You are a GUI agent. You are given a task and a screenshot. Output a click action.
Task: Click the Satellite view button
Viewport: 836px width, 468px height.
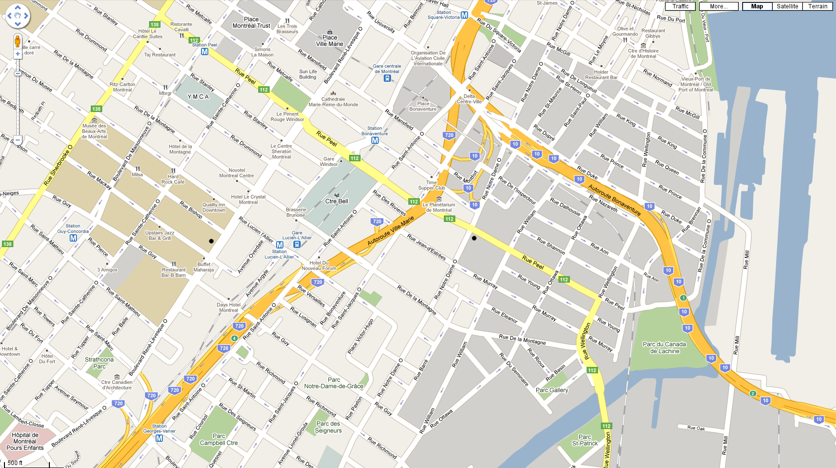click(x=787, y=6)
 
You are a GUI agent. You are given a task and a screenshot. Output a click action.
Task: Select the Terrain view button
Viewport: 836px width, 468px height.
click(x=818, y=6)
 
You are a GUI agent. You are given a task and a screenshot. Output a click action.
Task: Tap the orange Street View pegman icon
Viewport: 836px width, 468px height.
click(x=17, y=41)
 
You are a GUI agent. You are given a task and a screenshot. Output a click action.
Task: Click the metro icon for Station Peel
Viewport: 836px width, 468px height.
click(x=204, y=51)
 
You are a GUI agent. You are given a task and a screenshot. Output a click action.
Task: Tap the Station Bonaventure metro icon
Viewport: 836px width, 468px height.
click(x=375, y=141)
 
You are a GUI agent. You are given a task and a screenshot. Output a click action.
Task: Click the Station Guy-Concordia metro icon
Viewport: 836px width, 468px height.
click(x=73, y=238)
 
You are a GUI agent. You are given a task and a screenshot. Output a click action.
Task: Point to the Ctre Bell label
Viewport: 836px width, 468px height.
click(x=336, y=201)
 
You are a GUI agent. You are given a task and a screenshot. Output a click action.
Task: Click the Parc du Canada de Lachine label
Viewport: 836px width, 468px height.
click(x=664, y=348)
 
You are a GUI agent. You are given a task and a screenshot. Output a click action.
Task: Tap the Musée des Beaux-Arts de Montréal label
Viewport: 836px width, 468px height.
click(x=94, y=131)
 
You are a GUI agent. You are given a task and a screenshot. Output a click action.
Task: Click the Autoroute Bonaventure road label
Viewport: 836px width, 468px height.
click(x=614, y=200)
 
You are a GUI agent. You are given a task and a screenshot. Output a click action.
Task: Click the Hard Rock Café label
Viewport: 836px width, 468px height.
click(x=173, y=179)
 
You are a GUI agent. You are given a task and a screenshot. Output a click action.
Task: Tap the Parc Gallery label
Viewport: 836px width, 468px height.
click(x=552, y=390)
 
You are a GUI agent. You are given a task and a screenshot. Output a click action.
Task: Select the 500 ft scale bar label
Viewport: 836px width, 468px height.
click(x=15, y=463)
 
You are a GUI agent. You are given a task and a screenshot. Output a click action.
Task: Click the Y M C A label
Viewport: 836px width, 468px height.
click(x=198, y=97)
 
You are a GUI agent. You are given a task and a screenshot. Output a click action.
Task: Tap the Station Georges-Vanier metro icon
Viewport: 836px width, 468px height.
click(x=159, y=438)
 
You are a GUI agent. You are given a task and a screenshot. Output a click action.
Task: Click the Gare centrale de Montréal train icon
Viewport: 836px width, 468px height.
click(x=387, y=78)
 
